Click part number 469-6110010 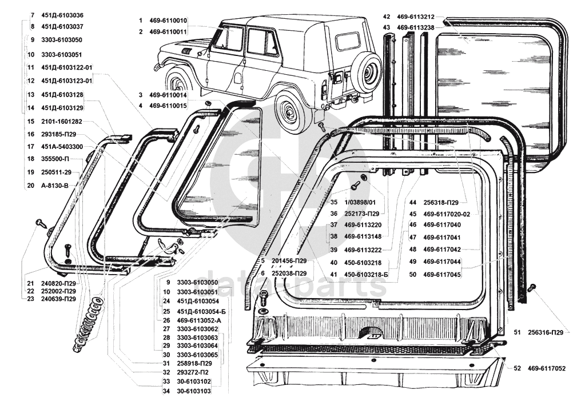point(168,21)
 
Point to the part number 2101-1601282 point(62,122)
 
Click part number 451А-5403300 point(62,147)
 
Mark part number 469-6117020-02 point(447,214)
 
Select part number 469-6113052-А point(198,320)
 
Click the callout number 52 point(517,368)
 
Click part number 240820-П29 point(59,283)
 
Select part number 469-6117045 point(442,275)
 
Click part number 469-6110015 point(168,106)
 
